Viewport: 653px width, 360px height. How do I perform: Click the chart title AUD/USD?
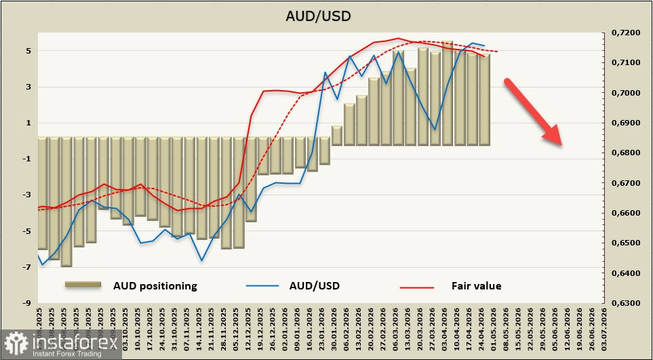327,16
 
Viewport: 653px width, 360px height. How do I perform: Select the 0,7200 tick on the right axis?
625,33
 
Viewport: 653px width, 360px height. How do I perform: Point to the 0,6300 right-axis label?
625,303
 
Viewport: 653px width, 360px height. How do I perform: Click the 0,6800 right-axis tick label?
625,153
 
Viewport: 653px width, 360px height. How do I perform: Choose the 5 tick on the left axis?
28,51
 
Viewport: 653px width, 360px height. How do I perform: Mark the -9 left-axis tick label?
26,303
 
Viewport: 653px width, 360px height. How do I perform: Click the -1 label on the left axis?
26,159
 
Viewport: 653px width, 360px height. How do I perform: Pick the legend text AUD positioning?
155,286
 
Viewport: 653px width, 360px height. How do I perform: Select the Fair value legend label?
476,286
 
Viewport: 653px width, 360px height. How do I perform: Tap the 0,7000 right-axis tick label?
625,93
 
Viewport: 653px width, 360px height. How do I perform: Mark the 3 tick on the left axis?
28,87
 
